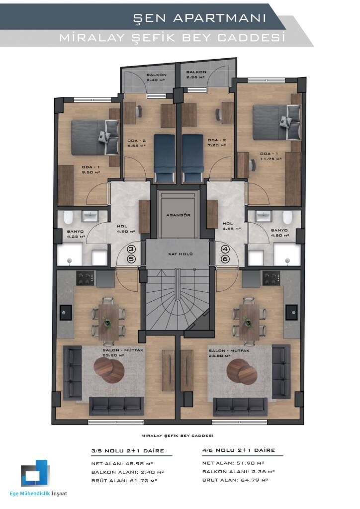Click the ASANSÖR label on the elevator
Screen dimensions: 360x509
coord(178,215)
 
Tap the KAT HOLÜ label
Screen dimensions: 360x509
coord(180,254)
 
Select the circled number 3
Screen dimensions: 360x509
coord(131,250)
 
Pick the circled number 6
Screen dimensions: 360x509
coord(225,259)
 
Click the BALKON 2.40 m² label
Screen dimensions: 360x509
coord(157,77)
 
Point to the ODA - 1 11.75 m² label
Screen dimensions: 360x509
coord(270,156)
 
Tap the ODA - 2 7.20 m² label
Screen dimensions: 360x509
coord(217,143)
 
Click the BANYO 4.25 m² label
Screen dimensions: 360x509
coord(76,234)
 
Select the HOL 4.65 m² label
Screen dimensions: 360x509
coord(231,226)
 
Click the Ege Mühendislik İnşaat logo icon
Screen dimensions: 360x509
coord(35,473)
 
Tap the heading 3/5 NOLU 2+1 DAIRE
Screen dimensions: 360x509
coord(128,451)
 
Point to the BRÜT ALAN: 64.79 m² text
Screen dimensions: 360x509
coord(235,480)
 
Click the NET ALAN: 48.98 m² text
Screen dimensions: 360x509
coord(122,464)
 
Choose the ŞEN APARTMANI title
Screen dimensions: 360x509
coord(199,18)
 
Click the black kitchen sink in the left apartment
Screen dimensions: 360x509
coord(66,312)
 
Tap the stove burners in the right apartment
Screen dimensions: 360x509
coord(270,278)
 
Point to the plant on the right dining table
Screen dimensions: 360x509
coord(248,323)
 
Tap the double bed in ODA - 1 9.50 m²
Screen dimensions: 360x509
coord(95,137)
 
